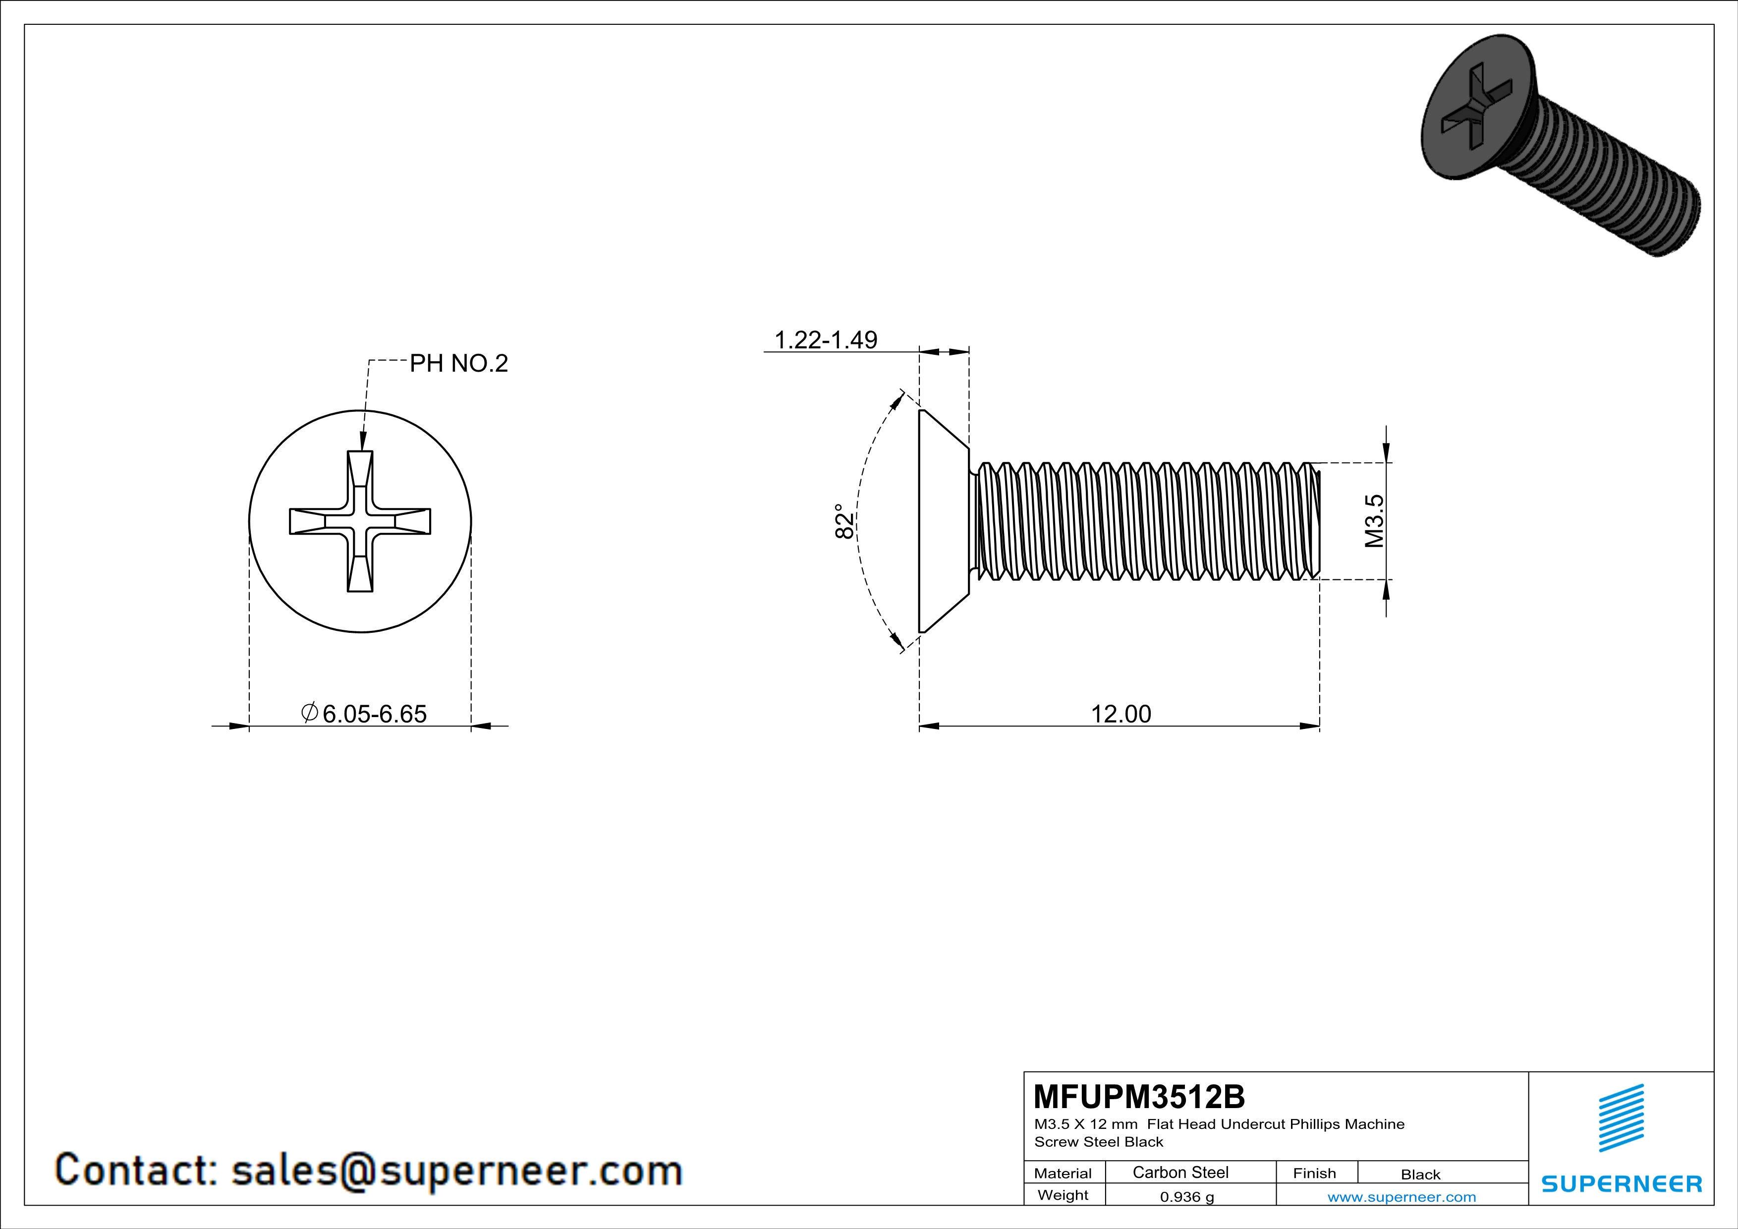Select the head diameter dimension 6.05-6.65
(x=374, y=714)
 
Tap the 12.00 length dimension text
(x=1121, y=714)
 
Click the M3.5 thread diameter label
(x=1374, y=521)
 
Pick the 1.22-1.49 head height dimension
(x=825, y=340)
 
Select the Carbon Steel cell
(x=1180, y=1172)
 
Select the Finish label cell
(x=1314, y=1173)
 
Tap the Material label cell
(x=1063, y=1173)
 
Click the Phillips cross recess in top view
(x=360, y=521)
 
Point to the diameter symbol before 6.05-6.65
(x=309, y=712)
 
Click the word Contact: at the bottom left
(x=136, y=1170)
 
